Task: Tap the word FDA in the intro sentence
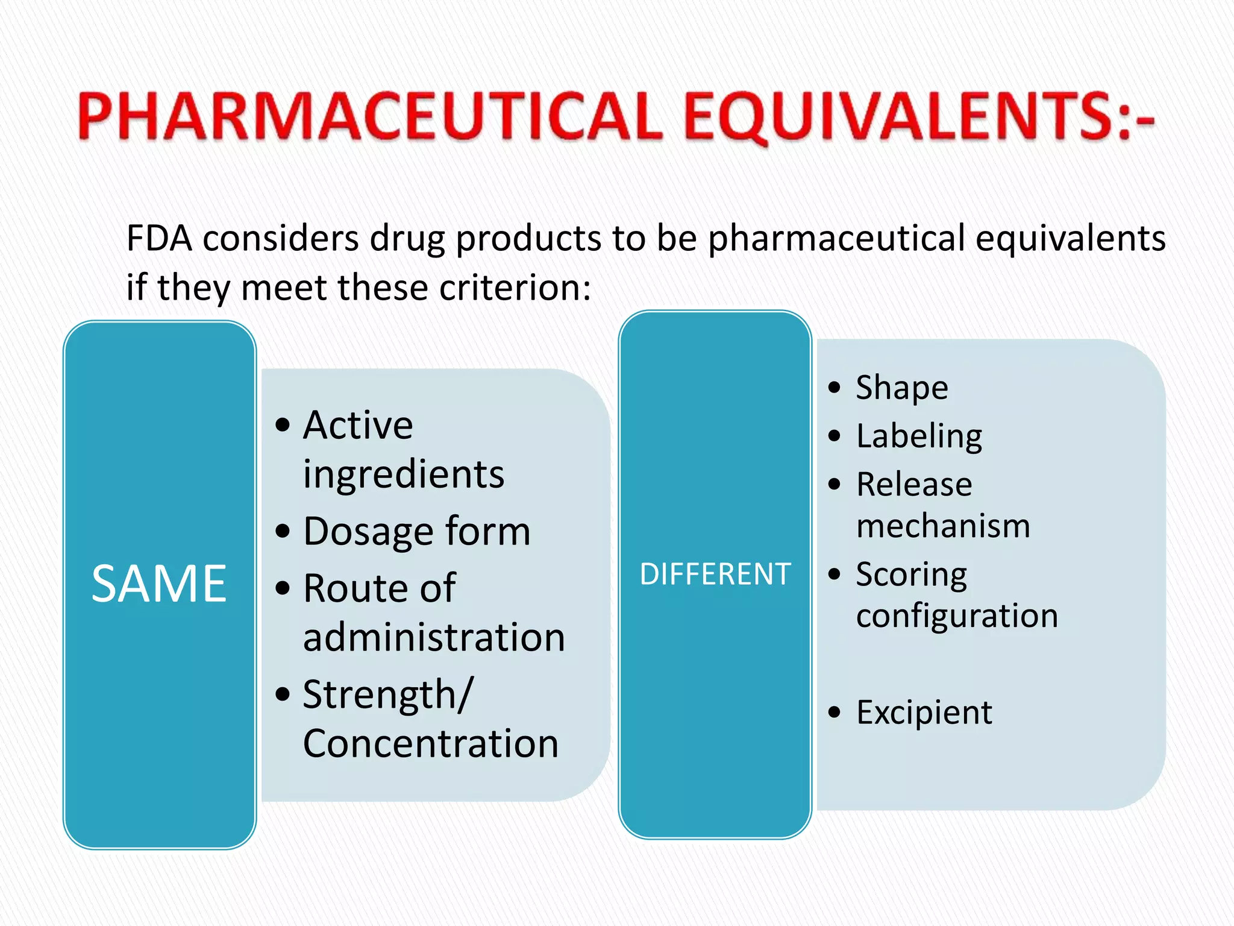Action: [x=159, y=238]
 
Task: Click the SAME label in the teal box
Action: [x=159, y=584]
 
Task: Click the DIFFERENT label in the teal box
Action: [x=715, y=574]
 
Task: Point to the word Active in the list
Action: [x=358, y=426]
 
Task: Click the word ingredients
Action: [x=403, y=474]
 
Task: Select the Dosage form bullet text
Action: [x=417, y=532]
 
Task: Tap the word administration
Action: [x=434, y=637]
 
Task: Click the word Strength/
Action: [x=388, y=695]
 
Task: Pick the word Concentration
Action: [x=430, y=743]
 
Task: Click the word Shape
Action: [x=902, y=387]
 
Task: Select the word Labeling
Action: [x=919, y=436]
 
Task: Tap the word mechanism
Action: [x=943, y=526]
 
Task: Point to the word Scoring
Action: [x=911, y=574]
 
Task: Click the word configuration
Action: [x=957, y=616]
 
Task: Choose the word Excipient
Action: [x=924, y=713]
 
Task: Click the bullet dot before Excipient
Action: [x=834, y=713]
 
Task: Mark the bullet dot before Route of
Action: [x=282, y=588]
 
